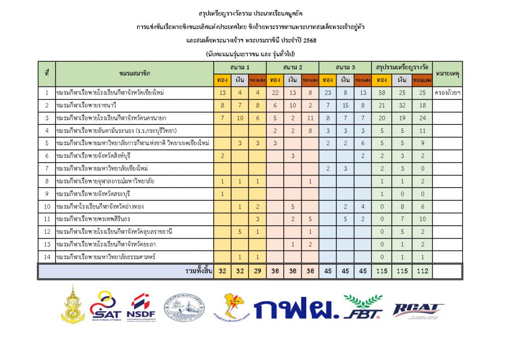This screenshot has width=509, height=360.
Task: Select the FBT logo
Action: [x=363, y=306]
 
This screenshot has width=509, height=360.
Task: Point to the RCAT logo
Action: [x=418, y=310]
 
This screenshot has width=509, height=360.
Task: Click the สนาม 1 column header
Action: [x=240, y=67]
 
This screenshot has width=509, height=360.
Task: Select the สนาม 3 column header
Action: [x=345, y=67]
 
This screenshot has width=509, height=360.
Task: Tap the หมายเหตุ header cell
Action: [x=447, y=74]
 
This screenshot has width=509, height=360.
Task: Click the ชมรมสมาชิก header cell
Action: [x=134, y=74]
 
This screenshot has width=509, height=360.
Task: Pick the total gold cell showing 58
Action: [x=382, y=92]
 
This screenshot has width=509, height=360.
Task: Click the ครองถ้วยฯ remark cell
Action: [x=447, y=92]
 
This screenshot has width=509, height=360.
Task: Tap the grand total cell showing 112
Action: [x=422, y=271]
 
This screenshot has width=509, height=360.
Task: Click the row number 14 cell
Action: [x=46, y=257]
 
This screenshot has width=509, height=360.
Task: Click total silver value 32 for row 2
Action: [x=402, y=105]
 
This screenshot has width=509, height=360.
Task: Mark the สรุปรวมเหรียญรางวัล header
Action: [x=402, y=67]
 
